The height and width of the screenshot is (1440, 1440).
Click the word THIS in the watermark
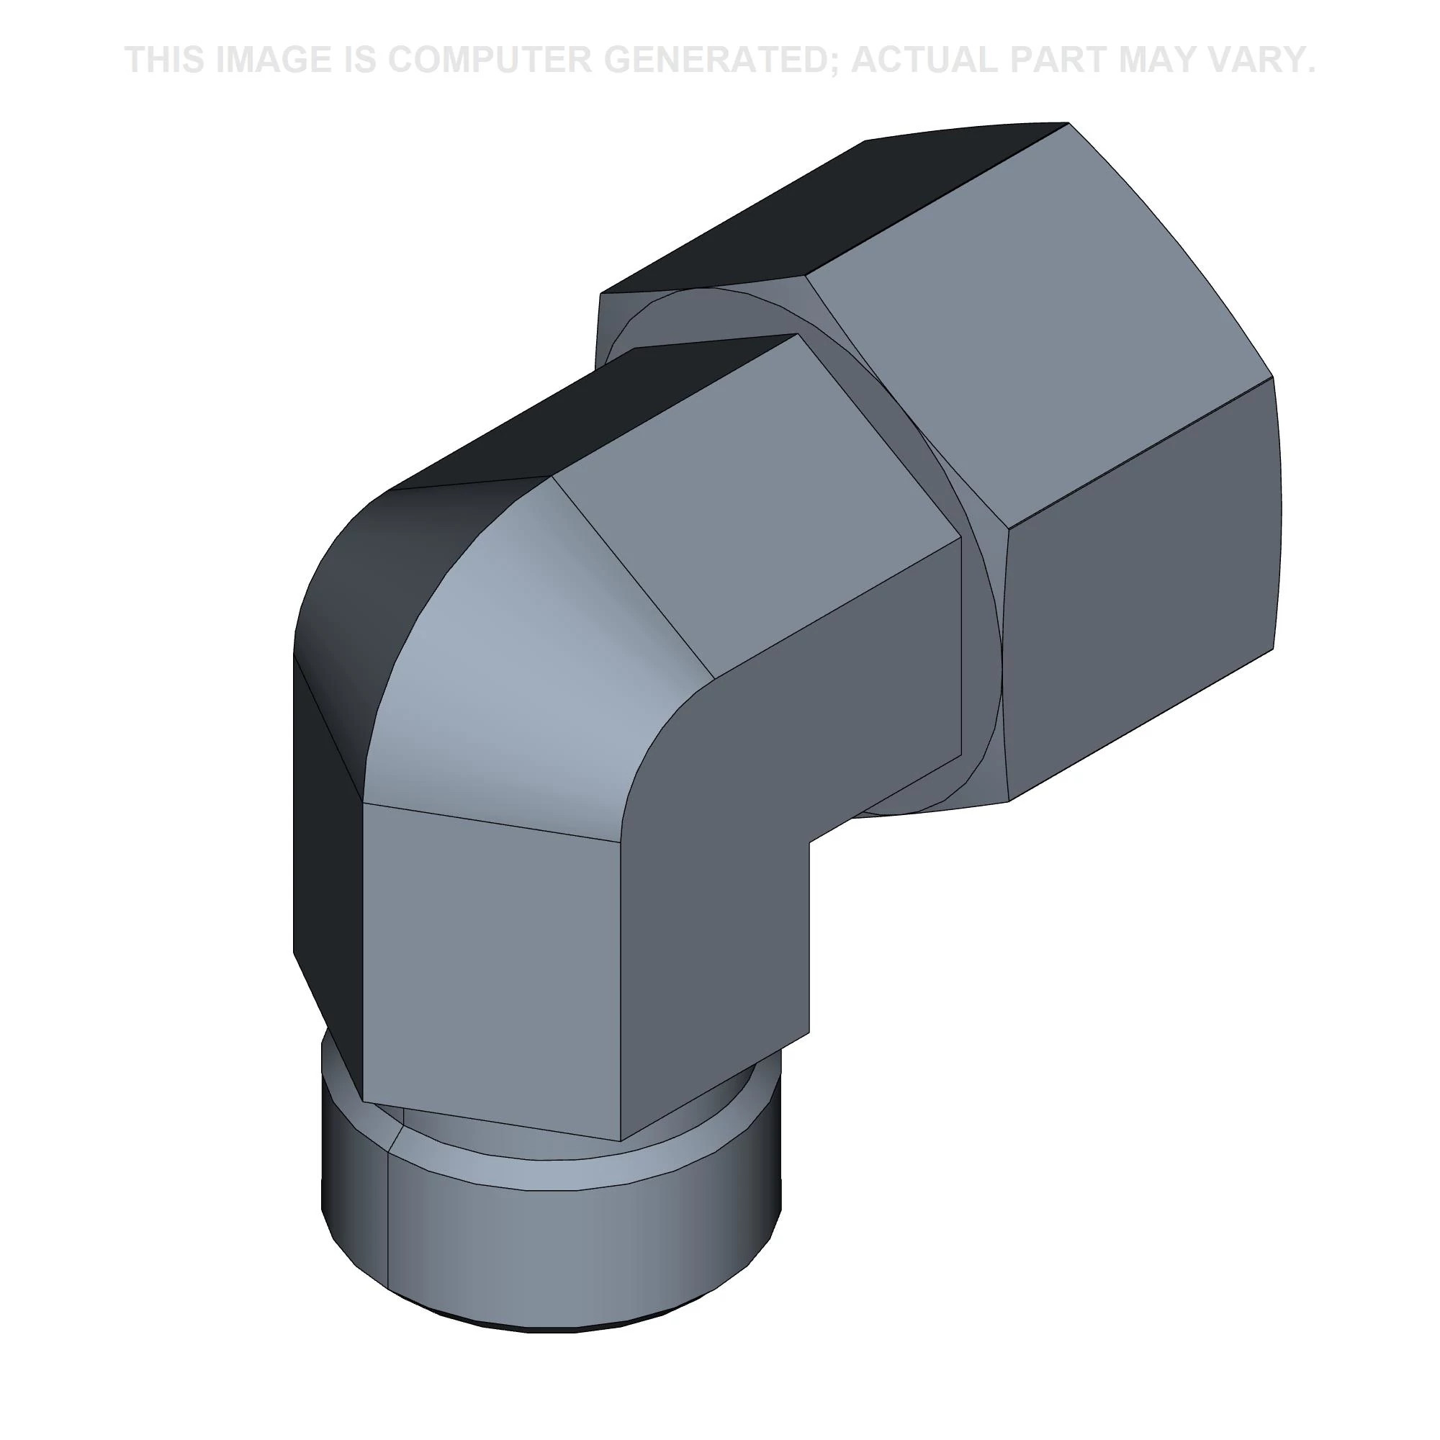pyautogui.click(x=164, y=60)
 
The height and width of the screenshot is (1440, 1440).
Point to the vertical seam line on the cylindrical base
pyautogui.click(x=388, y=1237)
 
